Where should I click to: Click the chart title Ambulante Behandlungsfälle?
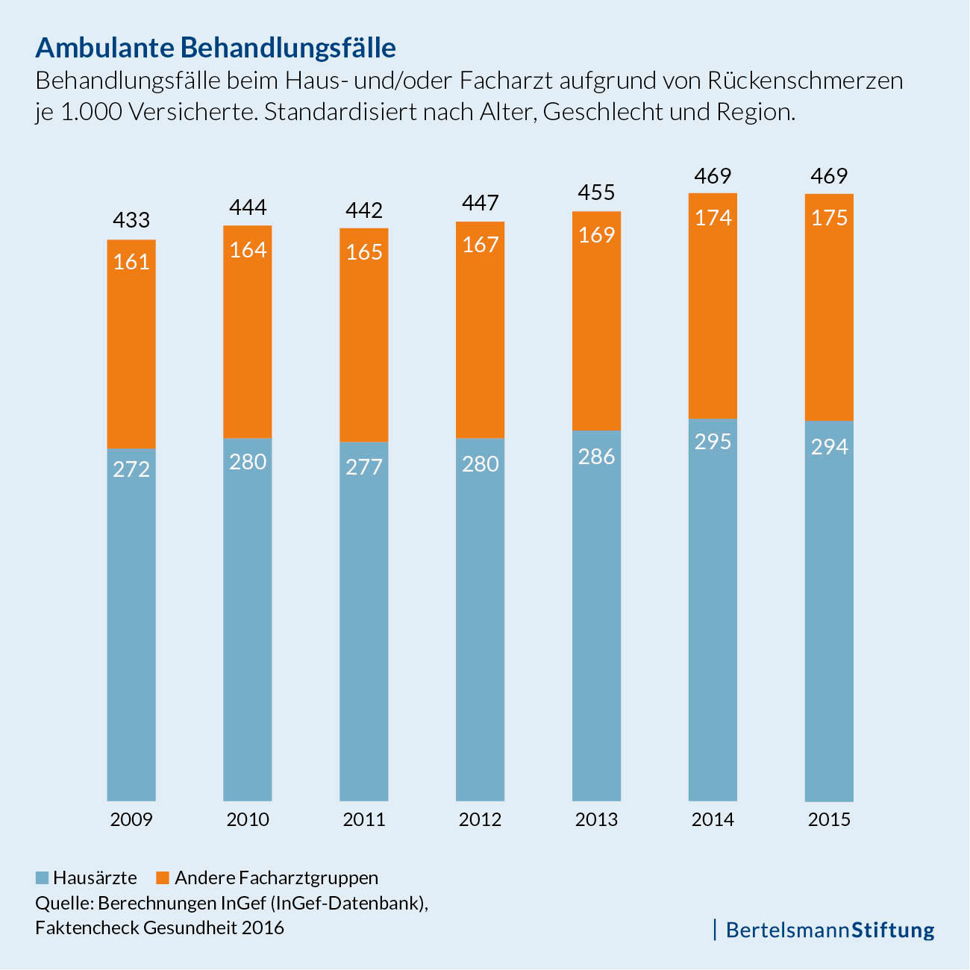[x=216, y=47]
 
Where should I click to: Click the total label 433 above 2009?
[x=131, y=220]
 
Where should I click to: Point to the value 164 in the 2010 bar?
[x=248, y=249]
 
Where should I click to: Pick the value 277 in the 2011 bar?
[x=364, y=467]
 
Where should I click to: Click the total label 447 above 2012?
[x=480, y=203]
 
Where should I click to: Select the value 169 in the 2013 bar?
[x=596, y=235]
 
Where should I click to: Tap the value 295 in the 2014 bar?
[x=713, y=442]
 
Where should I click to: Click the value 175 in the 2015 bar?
[x=829, y=218]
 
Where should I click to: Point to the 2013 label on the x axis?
[x=596, y=819]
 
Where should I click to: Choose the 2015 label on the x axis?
[x=829, y=819]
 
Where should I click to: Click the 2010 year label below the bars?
[x=248, y=819]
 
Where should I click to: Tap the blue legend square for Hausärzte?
[x=42, y=877]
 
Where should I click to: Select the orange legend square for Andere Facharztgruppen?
[x=162, y=877]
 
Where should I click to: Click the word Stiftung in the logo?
[x=892, y=930]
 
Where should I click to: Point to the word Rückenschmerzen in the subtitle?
[x=805, y=80]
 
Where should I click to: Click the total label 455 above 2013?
[x=596, y=193]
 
